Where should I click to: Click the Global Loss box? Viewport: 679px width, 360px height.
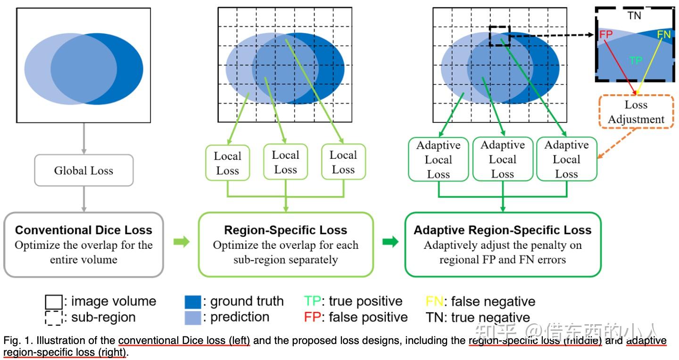point(83,171)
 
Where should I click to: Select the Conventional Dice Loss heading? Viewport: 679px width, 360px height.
point(83,230)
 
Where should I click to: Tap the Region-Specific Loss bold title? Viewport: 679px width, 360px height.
point(285,230)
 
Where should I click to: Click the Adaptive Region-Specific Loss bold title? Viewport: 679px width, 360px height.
point(502,230)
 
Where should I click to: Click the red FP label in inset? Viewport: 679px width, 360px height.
point(606,35)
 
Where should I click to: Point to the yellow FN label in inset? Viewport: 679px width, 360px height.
point(663,34)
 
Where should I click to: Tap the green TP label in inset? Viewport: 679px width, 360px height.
point(635,60)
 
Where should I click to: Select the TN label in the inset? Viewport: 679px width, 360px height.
point(634,16)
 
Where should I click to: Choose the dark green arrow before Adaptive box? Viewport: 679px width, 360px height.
point(389,242)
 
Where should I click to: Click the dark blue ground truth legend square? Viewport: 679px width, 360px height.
point(193,302)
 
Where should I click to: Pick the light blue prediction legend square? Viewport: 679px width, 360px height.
point(193,317)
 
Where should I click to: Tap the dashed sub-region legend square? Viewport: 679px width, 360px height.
point(53,318)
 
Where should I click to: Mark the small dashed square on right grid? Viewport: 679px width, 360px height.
point(499,36)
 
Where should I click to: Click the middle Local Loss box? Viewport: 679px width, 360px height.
point(285,163)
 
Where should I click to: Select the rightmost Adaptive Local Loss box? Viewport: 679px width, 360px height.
point(566,160)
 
